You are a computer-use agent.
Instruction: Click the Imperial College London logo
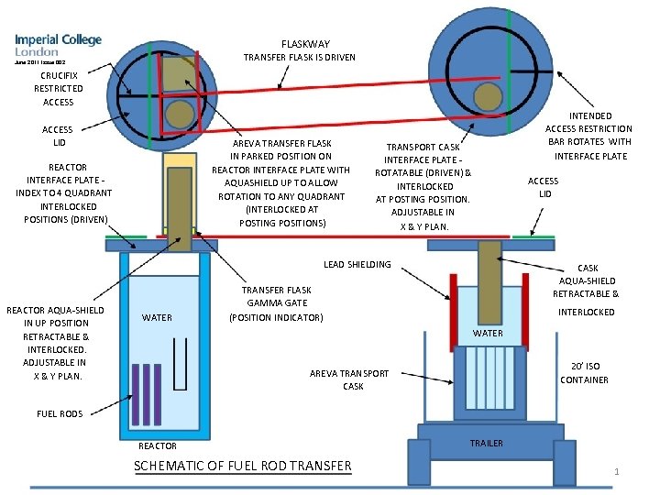pyautogui.click(x=58, y=46)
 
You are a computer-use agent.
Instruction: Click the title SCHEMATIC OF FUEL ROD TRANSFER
pyautogui.click(x=242, y=466)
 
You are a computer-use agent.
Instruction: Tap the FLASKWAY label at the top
pyautogui.click(x=305, y=44)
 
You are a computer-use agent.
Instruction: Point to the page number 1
pyautogui.click(x=618, y=472)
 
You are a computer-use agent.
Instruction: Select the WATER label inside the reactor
pyautogui.click(x=158, y=318)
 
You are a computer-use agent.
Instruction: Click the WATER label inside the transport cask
pyautogui.click(x=488, y=334)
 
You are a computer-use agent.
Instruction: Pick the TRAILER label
pyautogui.click(x=486, y=444)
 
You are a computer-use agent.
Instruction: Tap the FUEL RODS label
pyautogui.click(x=60, y=413)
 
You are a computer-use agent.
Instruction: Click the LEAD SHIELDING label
pyautogui.click(x=357, y=265)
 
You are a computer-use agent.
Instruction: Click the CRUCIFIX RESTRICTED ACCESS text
pyautogui.click(x=58, y=88)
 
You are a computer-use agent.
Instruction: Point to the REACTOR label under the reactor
pyautogui.click(x=157, y=446)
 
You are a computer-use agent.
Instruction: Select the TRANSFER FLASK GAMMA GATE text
pyautogui.click(x=276, y=303)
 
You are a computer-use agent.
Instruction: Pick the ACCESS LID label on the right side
pyautogui.click(x=544, y=187)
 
